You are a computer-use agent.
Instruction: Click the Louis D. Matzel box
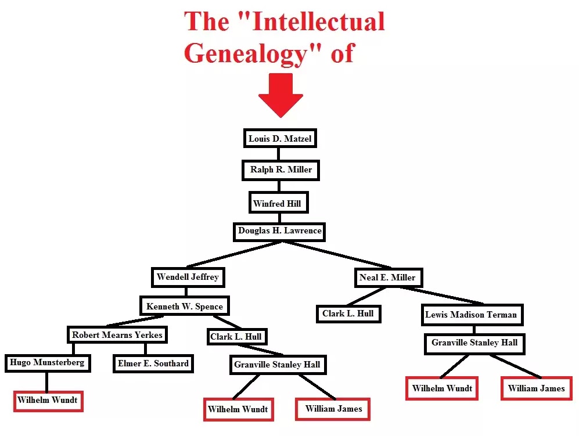click(x=279, y=139)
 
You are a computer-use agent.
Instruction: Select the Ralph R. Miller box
click(x=281, y=170)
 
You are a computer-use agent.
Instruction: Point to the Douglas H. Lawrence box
click(x=279, y=231)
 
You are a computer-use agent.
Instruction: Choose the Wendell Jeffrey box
click(x=188, y=277)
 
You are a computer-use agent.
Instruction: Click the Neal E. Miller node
click(x=387, y=278)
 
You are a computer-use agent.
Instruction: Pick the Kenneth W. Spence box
click(x=185, y=306)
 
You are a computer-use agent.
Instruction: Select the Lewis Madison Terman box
click(x=471, y=315)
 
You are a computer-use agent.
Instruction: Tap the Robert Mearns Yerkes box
click(x=117, y=335)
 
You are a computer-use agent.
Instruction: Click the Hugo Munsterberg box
click(x=47, y=363)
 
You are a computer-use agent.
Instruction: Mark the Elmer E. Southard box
click(x=153, y=363)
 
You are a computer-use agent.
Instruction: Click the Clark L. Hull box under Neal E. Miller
click(x=348, y=314)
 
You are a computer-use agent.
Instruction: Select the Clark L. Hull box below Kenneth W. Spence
click(x=236, y=336)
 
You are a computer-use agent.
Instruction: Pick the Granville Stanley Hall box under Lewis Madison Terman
click(x=474, y=343)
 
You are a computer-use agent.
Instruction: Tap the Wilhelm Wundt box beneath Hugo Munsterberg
click(x=48, y=401)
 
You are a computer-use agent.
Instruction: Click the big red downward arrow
click(x=280, y=95)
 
